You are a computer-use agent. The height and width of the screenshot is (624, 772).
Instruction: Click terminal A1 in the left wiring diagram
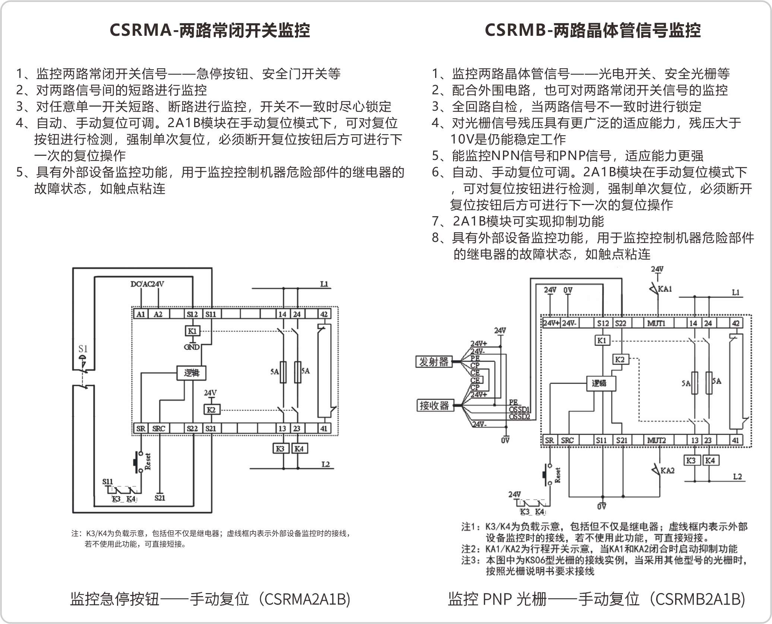pyautogui.click(x=141, y=314)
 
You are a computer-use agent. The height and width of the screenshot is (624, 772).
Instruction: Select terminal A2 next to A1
pyautogui.click(x=158, y=314)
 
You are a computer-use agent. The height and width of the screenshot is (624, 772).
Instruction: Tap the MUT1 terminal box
pyautogui.click(x=656, y=323)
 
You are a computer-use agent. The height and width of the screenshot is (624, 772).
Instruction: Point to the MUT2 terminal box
pyautogui.click(x=656, y=440)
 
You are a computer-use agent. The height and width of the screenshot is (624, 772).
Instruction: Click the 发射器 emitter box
pyautogui.click(x=434, y=362)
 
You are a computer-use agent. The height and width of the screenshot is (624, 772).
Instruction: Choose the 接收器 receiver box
pyautogui.click(x=434, y=405)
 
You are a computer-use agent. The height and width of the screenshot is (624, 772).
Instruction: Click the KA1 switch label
pyautogui.click(x=665, y=289)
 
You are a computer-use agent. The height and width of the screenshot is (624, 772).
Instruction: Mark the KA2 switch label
pyautogui.click(x=667, y=470)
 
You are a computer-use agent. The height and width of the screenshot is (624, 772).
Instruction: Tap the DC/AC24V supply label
pyautogui.click(x=147, y=284)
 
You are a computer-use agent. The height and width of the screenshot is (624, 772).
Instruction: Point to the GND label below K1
pyautogui.click(x=192, y=347)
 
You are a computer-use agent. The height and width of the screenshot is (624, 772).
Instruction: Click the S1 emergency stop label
pyautogui.click(x=83, y=349)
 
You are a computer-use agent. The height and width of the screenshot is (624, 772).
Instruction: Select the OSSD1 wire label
pyautogui.click(x=519, y=410)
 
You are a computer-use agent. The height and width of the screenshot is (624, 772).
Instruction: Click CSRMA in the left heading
pyautogui.click(x=140, y=30)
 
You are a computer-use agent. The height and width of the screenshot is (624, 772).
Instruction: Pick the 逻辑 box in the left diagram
pyautogui.click(x=192, y=373)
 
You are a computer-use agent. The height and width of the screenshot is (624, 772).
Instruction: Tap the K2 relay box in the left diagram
pyautogui.click(x=211, y=410)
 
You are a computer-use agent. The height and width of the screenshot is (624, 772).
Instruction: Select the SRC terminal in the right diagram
pyautogui.click(x=567, y=440)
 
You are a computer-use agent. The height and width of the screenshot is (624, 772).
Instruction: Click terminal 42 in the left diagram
pyautogui.click(x=324, y=314)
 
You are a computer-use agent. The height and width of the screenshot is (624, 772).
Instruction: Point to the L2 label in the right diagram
pyautogui.click(x=737, y=476)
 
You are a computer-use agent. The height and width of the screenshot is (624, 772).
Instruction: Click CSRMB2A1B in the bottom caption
pyautogui.click(x=699, y=599)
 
